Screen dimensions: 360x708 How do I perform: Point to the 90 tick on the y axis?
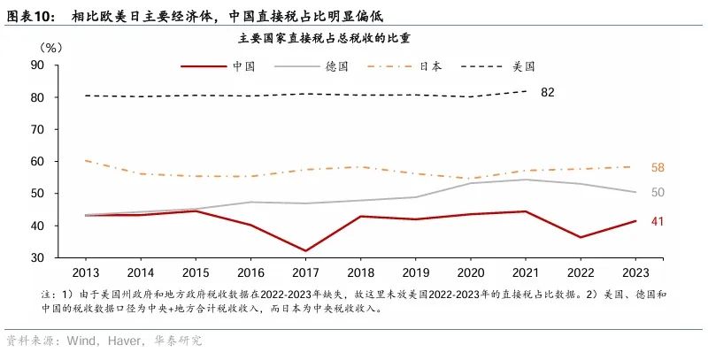coord(38,65)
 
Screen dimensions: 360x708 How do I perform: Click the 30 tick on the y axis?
coord(38,257)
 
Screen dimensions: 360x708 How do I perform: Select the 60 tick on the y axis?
coord(38,162)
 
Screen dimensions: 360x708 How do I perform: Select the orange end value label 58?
coord(658,167)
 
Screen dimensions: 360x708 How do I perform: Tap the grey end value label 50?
coord(658,192)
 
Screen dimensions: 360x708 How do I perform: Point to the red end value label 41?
coord(658,221)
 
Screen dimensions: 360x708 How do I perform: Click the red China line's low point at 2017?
coord(304,250)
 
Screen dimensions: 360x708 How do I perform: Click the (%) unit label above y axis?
coord(53,47)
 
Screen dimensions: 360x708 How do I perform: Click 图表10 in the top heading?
coord(30,14)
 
